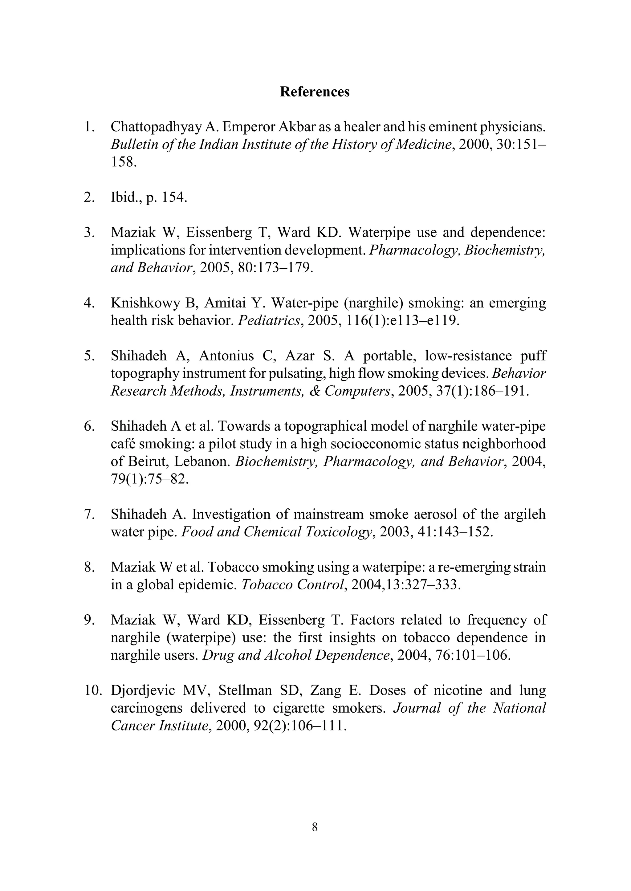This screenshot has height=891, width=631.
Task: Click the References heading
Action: (315, 92)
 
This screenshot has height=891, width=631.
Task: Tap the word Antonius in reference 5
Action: (230, 356)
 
